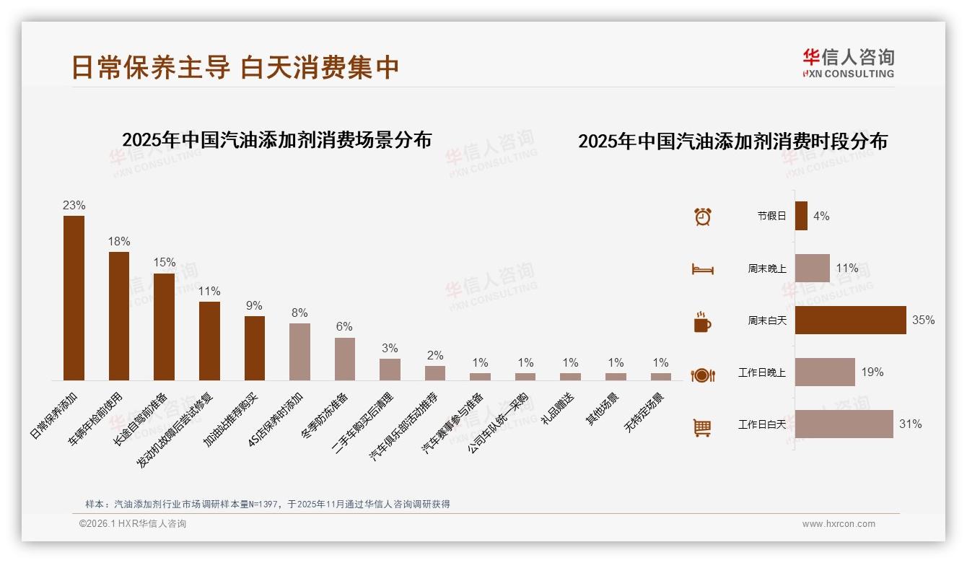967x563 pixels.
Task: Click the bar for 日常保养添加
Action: (74, 297)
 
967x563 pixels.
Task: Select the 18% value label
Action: (119, 241)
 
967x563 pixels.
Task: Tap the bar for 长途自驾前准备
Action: (164, 326)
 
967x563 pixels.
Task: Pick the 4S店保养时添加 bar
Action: (299, 352)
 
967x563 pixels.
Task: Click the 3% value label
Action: (390, 349)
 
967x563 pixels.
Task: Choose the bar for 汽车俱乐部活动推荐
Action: (435, 372)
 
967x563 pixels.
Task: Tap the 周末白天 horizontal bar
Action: (850, 320)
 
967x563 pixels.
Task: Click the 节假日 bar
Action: (801, 216)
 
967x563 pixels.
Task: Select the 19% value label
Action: (872, 372)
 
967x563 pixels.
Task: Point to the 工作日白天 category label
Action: (762, 424)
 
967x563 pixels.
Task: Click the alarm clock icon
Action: (703, 216)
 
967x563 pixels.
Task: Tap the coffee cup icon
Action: (702, 322)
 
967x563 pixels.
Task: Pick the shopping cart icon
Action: (702, 428)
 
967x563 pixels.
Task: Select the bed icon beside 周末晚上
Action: (702, 269)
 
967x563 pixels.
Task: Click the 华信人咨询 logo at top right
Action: (848, 63)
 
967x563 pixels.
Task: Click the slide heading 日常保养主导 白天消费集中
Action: (235, 67)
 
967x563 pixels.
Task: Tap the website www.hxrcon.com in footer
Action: (839, 524)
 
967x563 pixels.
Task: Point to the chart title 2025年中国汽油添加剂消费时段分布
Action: (732, 141)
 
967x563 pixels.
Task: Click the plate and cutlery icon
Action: (702, 375)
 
